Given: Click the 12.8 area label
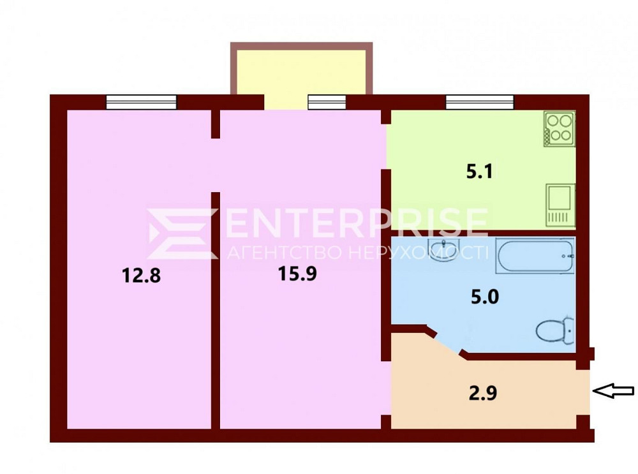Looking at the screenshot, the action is [141, 276].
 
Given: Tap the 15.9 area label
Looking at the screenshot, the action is [297, 274].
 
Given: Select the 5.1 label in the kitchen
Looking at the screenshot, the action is [480, 171].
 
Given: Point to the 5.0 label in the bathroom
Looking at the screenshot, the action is [485, 297].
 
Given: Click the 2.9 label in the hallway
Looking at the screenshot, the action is [483, 393].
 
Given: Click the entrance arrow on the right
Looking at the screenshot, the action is [613, 391].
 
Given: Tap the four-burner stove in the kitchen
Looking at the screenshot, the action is [560, 129].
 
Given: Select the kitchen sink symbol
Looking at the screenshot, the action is [560, 205].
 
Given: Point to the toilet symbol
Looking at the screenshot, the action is [554, 330].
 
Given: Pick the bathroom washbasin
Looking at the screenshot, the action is [444, 248].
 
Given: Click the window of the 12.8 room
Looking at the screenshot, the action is [142, 102].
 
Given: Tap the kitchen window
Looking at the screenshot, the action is [480, 102].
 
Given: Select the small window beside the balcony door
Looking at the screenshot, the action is [327, 102].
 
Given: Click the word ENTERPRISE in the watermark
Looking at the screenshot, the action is [357, 222].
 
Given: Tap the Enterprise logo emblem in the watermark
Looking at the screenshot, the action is [182, 233].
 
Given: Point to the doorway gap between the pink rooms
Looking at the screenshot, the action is [216, 165].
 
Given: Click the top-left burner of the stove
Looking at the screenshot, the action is [553, 121].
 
